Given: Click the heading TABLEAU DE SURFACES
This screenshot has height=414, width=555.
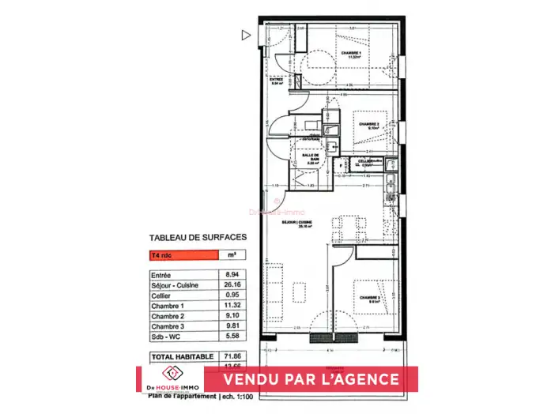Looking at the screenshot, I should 198,236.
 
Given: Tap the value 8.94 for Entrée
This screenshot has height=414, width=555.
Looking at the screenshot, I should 232,274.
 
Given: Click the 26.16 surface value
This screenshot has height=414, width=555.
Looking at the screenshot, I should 232,284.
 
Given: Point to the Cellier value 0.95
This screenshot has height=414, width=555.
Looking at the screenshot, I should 232,295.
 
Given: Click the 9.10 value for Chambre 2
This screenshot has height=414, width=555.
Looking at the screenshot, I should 232,315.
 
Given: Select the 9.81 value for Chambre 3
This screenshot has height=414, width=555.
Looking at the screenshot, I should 232,326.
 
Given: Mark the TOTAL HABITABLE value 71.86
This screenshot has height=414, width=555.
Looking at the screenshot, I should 232,357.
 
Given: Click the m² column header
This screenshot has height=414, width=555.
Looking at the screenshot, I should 232,255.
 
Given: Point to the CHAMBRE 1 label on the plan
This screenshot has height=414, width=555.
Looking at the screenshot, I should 351,54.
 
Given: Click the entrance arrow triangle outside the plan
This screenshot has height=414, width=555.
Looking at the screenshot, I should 246,35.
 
